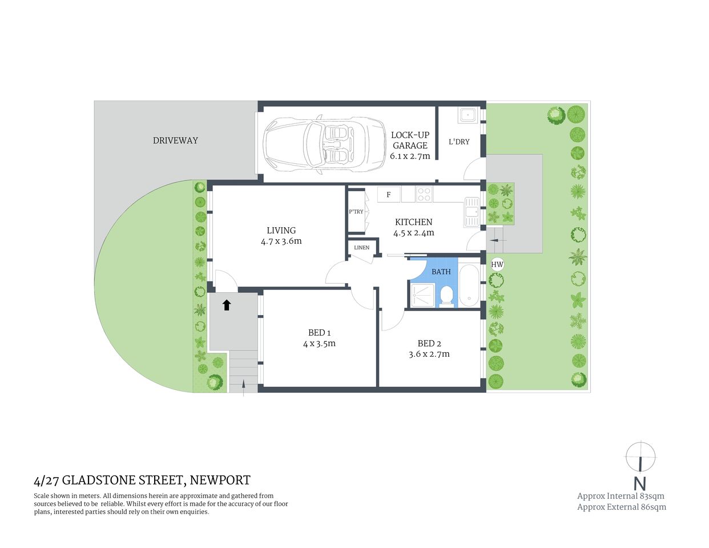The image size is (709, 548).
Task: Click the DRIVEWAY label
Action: point(175,140)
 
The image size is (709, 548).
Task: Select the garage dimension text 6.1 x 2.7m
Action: point(410,156)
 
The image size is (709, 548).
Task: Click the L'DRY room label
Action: point(459,142)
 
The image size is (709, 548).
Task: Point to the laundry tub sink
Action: point(468,115)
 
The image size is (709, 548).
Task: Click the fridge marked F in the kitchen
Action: point(389,195)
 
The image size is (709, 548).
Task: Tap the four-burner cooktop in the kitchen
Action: point(424,195)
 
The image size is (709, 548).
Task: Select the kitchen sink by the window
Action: point(472,211)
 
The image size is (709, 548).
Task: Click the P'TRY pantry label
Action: point(356,212)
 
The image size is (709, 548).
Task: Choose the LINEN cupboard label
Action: point(361,248)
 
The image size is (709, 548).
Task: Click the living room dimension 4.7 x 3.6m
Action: point(281,241)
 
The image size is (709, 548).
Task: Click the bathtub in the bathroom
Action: point(470,285)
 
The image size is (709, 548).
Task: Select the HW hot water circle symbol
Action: point(497,264)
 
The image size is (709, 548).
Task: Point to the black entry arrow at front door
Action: point(227,305)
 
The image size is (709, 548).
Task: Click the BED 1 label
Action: point(319,333)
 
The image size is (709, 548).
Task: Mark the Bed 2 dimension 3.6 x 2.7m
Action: point(429,354)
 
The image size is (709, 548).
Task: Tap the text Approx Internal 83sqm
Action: point(621,496)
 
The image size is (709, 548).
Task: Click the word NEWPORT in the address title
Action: point(220,480)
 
